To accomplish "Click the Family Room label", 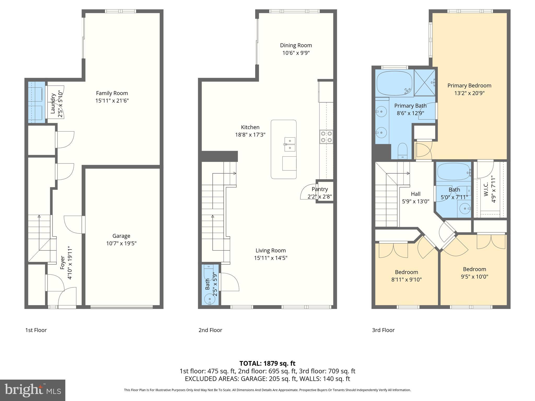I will click(112, 93).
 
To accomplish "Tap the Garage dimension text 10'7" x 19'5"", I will click(121, 244).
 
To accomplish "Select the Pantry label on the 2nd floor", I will click(320, 189).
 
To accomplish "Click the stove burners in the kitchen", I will click(326, 137).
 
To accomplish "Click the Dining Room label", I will click(296, 45).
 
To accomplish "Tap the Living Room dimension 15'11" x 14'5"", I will click(271, 258).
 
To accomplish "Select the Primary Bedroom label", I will click(469, 86).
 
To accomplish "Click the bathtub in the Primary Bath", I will click(394, 83).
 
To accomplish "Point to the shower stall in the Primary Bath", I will click(424, 82).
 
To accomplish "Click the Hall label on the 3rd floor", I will click(416, 194).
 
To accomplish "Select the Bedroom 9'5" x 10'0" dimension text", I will click(474, 277).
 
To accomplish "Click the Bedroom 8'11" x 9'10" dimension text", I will click(406, 280).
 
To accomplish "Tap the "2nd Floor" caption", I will click(210, 330).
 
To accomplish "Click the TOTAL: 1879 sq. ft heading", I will click(267, 363).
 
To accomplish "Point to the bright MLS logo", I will click(32, 390).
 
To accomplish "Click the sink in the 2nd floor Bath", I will click(209, 299).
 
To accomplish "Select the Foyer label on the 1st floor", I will click(62, 263).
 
